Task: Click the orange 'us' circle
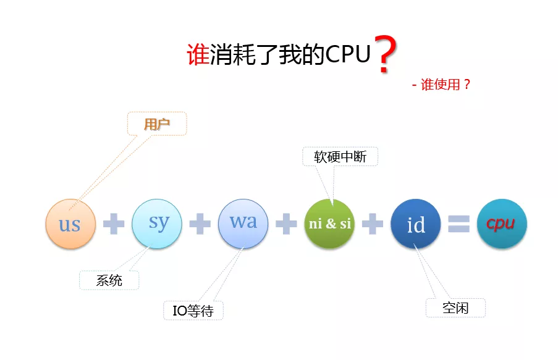point(70,224)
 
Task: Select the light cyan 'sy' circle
point(157,223)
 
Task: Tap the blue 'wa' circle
point(243,223)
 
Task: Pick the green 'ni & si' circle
point(329,224)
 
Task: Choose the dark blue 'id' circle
point(416,224)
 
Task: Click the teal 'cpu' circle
point(502,224)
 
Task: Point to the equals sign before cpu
point(459,224)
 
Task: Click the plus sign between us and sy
point(114,224)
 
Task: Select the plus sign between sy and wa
point(200,224)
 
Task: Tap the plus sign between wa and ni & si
point(286,224)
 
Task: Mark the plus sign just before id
point(373,224)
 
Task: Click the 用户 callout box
point(157,123)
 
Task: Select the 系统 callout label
point(109,280)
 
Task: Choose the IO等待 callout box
point(193,311)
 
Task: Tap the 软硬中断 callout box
point(340,156)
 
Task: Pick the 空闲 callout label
point(455,308)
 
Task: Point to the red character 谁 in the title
point(198,55)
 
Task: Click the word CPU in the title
point(349,54)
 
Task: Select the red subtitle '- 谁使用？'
point(441,85)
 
